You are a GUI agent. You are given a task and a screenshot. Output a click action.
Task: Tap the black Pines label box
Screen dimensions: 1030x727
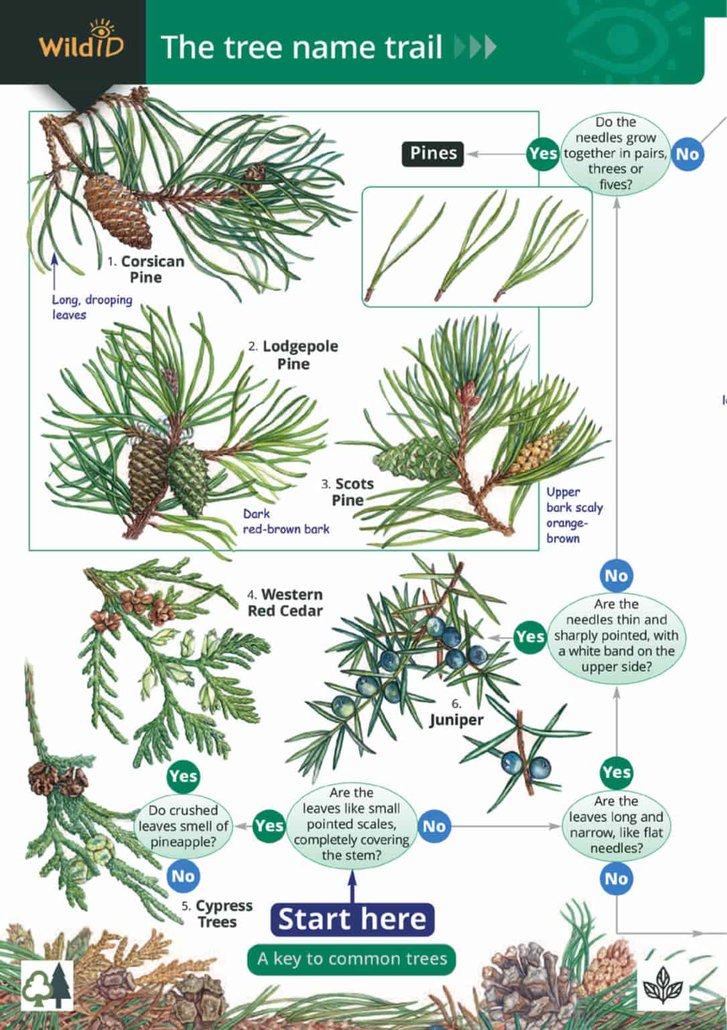[x=434, y=154]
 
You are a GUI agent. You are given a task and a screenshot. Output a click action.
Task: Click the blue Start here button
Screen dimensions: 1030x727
[x=352, y=919]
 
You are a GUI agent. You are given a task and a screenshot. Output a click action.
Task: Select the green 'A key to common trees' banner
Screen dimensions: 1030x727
[x=352, y=959]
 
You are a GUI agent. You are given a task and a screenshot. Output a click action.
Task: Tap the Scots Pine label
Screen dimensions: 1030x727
[x=348, y=492]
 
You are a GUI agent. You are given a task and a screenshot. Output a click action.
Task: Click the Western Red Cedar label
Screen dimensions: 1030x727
[x=285, y=602]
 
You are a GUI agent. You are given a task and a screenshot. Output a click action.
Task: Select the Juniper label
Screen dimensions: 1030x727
[x=456, y=719]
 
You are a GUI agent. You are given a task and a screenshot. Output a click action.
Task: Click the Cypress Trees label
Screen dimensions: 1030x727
[x=218, y=913]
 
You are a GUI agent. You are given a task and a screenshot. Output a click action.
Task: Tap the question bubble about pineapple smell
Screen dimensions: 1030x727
[x=184, y=825]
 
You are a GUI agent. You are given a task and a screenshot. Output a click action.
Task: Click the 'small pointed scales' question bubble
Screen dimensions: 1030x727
[x=351, y=824]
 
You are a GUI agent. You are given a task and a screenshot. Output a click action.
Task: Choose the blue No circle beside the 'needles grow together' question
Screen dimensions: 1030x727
[x=687, y=154]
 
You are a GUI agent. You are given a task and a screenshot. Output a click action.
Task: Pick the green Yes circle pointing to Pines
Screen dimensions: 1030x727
[x=542, y=154]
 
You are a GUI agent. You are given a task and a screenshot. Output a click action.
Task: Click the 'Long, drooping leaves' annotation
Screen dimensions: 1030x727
[x=92, y=307]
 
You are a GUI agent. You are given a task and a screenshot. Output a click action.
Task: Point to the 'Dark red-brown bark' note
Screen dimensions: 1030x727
[x=286, y=521]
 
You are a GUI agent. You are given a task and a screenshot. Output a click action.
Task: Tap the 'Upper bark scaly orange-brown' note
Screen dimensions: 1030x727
[x=574, y=514]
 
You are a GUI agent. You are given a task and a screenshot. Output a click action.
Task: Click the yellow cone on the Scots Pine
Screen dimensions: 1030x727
[x=538, y=451]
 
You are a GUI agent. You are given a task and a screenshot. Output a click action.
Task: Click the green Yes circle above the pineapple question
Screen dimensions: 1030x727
[x=183, y=777]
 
